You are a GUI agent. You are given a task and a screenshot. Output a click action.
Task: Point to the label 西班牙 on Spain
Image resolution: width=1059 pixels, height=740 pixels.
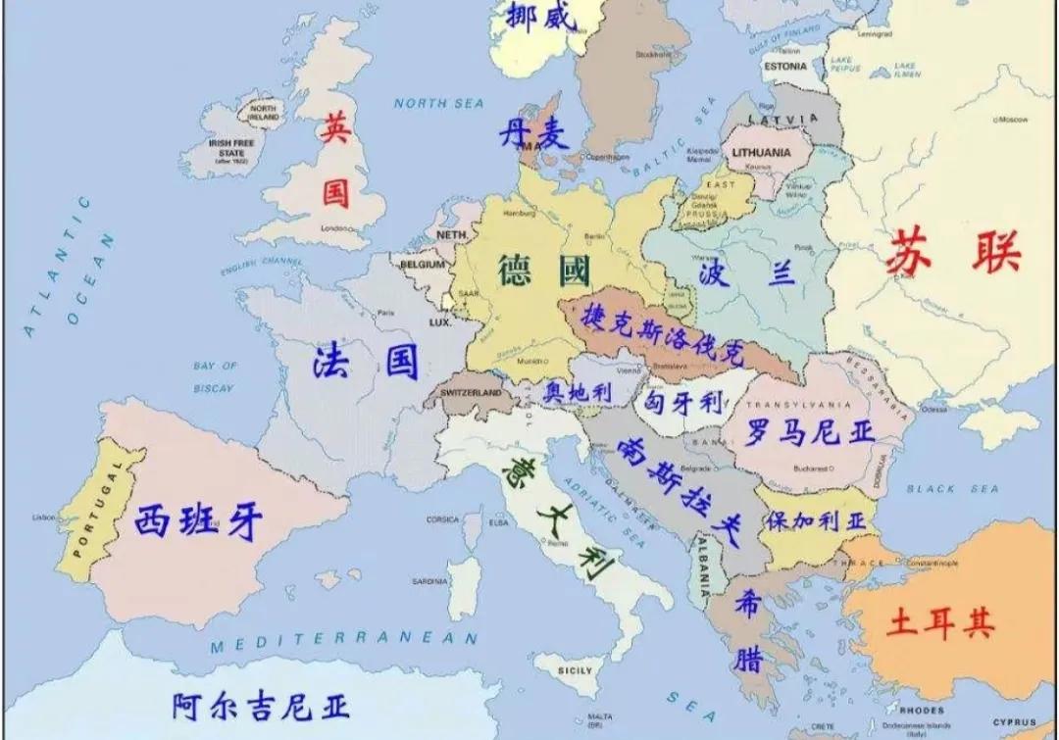[199, 522]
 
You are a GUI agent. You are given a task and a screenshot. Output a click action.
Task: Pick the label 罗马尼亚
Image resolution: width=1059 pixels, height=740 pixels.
[809, 431]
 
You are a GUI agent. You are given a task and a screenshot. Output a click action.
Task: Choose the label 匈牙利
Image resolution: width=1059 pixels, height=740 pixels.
[683, 402]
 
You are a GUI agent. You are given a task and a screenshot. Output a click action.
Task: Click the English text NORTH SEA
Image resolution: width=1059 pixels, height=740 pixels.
[433, 103]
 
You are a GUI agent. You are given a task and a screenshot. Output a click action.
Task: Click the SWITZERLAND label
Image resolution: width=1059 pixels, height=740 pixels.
[473, 392]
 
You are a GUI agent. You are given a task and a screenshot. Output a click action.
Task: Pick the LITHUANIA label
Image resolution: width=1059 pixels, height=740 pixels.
[760, 153]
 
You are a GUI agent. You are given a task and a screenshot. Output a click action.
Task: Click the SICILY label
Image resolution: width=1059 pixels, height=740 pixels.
[575, 670]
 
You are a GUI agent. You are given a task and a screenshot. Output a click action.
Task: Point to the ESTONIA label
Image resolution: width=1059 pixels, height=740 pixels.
[784, 66]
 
